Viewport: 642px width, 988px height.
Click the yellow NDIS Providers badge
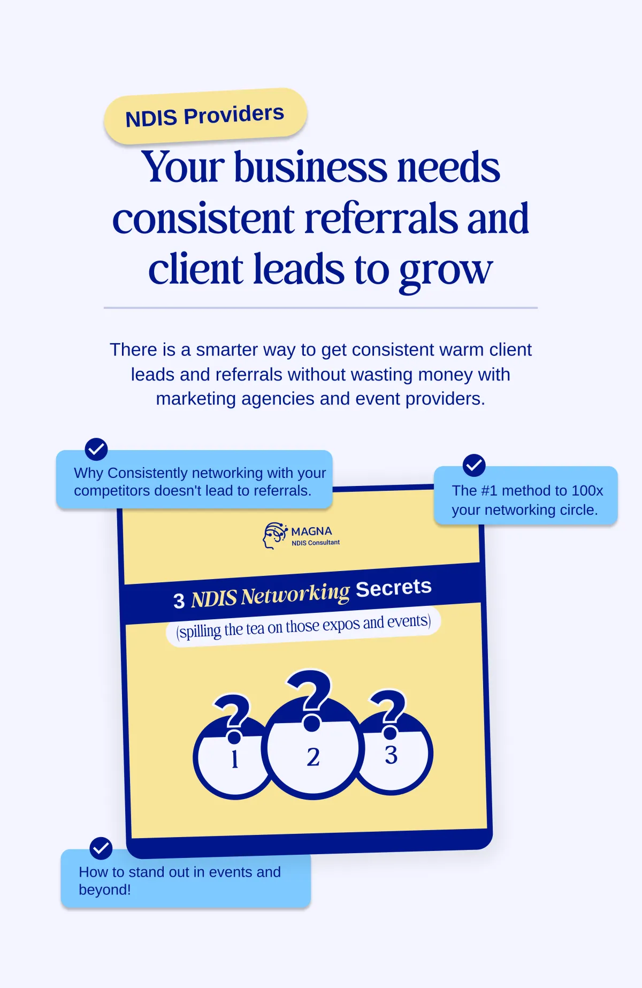(x=205, y=116)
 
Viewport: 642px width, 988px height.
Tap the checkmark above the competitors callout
(x=96, y=449)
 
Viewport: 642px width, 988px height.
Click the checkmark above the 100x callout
(x=474, y=465)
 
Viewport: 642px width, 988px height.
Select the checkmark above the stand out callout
(x=101, y=848)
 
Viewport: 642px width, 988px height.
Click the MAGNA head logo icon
(x=274, y=535)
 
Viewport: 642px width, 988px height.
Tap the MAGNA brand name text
(x=311, y=531)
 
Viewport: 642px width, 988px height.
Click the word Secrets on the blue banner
(x=394, y=588)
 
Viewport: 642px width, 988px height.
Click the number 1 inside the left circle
(x=234, y=758)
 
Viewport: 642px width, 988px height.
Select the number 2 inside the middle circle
(x=313, y=757)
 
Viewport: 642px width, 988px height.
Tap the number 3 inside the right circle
(x=391, y=755)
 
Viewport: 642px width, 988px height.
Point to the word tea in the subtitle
(x=255, y=628)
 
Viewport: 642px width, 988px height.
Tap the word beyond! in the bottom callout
(x=105, y=890)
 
